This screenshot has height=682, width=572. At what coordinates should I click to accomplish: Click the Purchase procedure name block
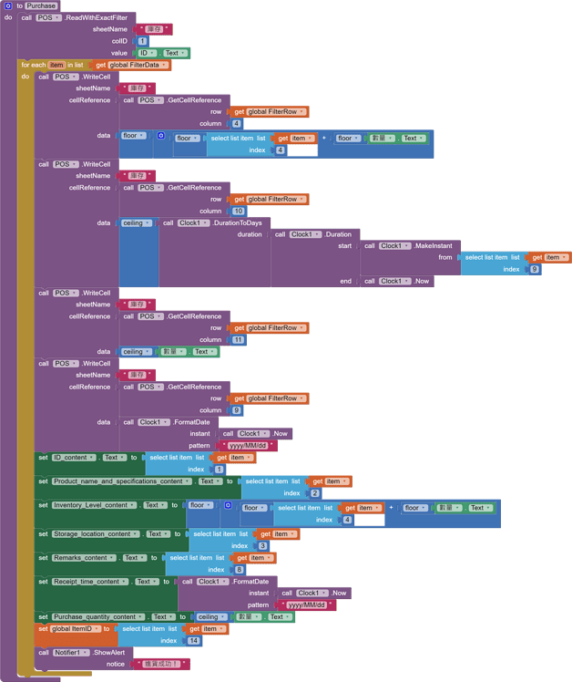(x=41, y=5)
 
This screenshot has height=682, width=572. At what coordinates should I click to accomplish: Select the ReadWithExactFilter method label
(x=97, y=17)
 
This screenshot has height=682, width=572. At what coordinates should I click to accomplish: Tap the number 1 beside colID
(x=143, y=41)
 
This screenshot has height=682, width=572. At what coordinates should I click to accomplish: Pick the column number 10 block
(x=238, y=211)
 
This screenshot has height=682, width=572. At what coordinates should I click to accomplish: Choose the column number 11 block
(x=238, y=339)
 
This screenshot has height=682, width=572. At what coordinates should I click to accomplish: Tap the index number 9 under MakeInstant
(x=534, y=269)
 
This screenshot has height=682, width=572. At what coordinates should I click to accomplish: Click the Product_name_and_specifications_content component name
(x=122, y=481)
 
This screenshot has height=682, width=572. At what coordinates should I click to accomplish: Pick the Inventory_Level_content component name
(x=94, y=505)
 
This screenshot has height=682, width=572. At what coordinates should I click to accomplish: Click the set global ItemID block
(x=73, y=629)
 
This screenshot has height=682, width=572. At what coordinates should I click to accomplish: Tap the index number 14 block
(x=192, y=641)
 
